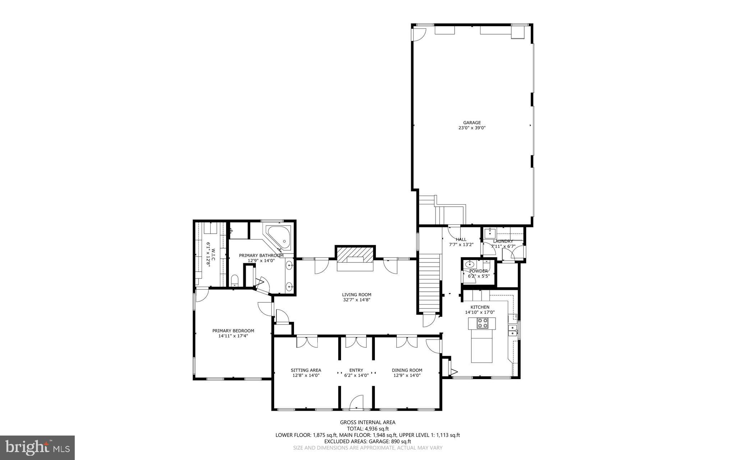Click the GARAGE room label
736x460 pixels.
pyautogui.click(x=471, y=123)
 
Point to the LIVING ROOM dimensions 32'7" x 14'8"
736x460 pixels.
pyautogui.click(x=356, y=300)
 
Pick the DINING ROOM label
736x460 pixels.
pyautogui.click(x=407, y=370)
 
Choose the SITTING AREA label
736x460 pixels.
pyautogui.click(x=306, y=370)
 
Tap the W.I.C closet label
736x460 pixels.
pyautogui.click(x=211, y=256)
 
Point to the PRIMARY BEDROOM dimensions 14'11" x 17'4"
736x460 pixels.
pyautogui.click(x=233, y=336)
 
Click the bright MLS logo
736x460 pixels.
pyautogui.click(x=37, y=447)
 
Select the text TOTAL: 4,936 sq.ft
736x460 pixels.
pyautogui.click(x=368, y=428)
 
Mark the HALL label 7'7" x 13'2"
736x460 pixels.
pyautogui.click(x=461, y=242)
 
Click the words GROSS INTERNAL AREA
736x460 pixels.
pyautogui.click(x=368, y=422)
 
